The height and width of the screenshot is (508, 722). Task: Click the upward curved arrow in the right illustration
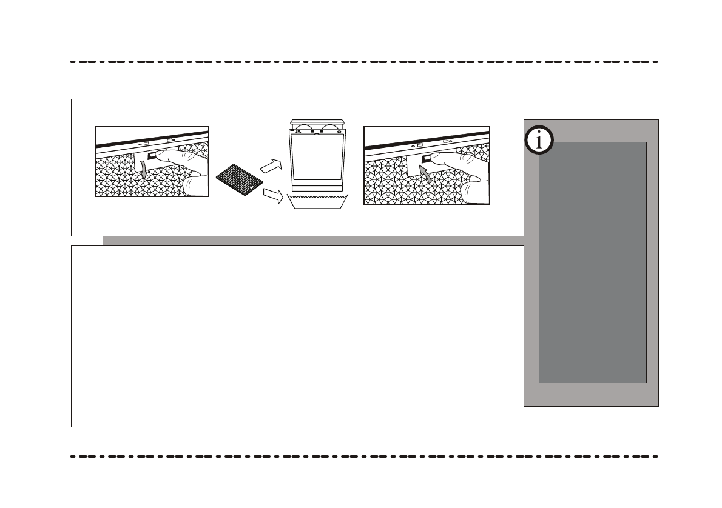427,176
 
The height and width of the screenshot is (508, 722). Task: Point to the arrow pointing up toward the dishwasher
271,164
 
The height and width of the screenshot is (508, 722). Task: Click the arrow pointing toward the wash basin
273,195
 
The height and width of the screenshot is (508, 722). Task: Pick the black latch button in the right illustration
427,159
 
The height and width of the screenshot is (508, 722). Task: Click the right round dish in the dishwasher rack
332,128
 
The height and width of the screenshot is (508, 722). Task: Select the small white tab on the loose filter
249,190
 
